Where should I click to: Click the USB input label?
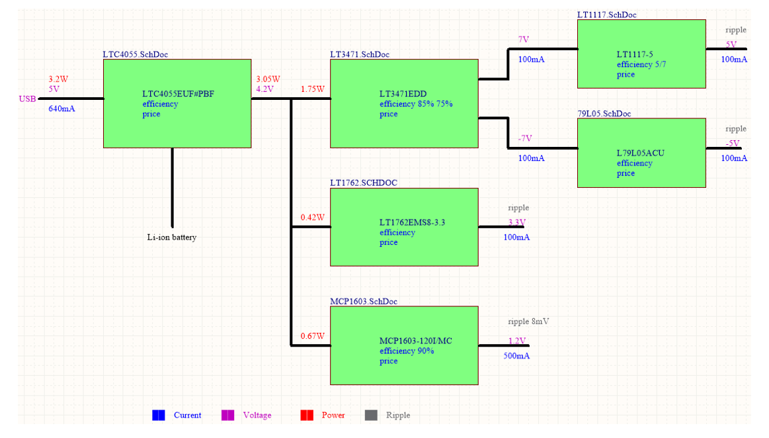28,99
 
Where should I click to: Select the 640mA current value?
61,109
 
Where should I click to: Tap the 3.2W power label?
58,79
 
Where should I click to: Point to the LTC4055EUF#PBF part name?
178,94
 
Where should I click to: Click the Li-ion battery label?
172,238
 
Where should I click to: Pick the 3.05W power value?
268,79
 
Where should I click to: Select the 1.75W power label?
312,89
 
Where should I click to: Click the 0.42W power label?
312,217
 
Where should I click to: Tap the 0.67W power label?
312,336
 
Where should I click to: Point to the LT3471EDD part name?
403,94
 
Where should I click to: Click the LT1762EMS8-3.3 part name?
413,222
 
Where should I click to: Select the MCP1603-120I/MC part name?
416,341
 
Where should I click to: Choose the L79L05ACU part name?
641,153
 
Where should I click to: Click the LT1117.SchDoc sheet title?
606,15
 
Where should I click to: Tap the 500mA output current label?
516,355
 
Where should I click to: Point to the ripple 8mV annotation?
529,322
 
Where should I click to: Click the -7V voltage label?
525,138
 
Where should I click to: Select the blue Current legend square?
159,415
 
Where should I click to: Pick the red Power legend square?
307,415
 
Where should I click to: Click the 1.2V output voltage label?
517,341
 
